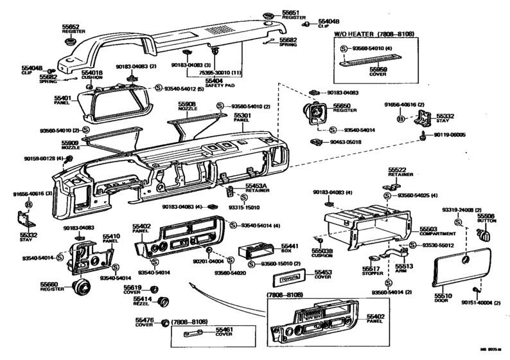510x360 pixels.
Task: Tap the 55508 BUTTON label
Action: click(x=486, y=218)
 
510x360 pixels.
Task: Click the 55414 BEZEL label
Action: click(x=143, y=301)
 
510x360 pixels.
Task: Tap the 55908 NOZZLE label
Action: click(x=187, y=105)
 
